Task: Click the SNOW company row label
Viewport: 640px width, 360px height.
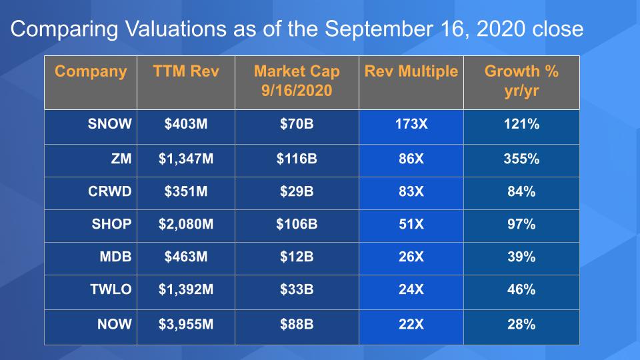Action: point(110,125)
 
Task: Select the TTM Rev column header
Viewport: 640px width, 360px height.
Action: point(185,71)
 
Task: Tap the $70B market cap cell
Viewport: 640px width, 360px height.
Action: point(297,125)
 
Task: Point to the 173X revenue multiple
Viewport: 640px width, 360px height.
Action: point(411,125)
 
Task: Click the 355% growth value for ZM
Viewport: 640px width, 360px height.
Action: point(521,159)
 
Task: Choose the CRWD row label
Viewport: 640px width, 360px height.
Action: point(109,192)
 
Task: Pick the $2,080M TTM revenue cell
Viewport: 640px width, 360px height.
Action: point(186,225)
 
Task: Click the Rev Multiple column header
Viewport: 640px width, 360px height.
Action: point(411,71)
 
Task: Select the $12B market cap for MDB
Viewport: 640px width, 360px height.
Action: point(297,257)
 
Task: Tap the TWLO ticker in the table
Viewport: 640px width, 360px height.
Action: point(109,291)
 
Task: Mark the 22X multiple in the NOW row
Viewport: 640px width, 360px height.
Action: point(411,325)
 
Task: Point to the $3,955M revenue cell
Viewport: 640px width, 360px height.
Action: point(186,325)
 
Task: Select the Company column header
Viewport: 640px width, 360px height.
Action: point(91,71)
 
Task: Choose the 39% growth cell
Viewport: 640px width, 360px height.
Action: point(521,257)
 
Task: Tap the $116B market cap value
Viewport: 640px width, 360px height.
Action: point(297,159)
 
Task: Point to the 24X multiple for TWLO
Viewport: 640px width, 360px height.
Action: point(411,291)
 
